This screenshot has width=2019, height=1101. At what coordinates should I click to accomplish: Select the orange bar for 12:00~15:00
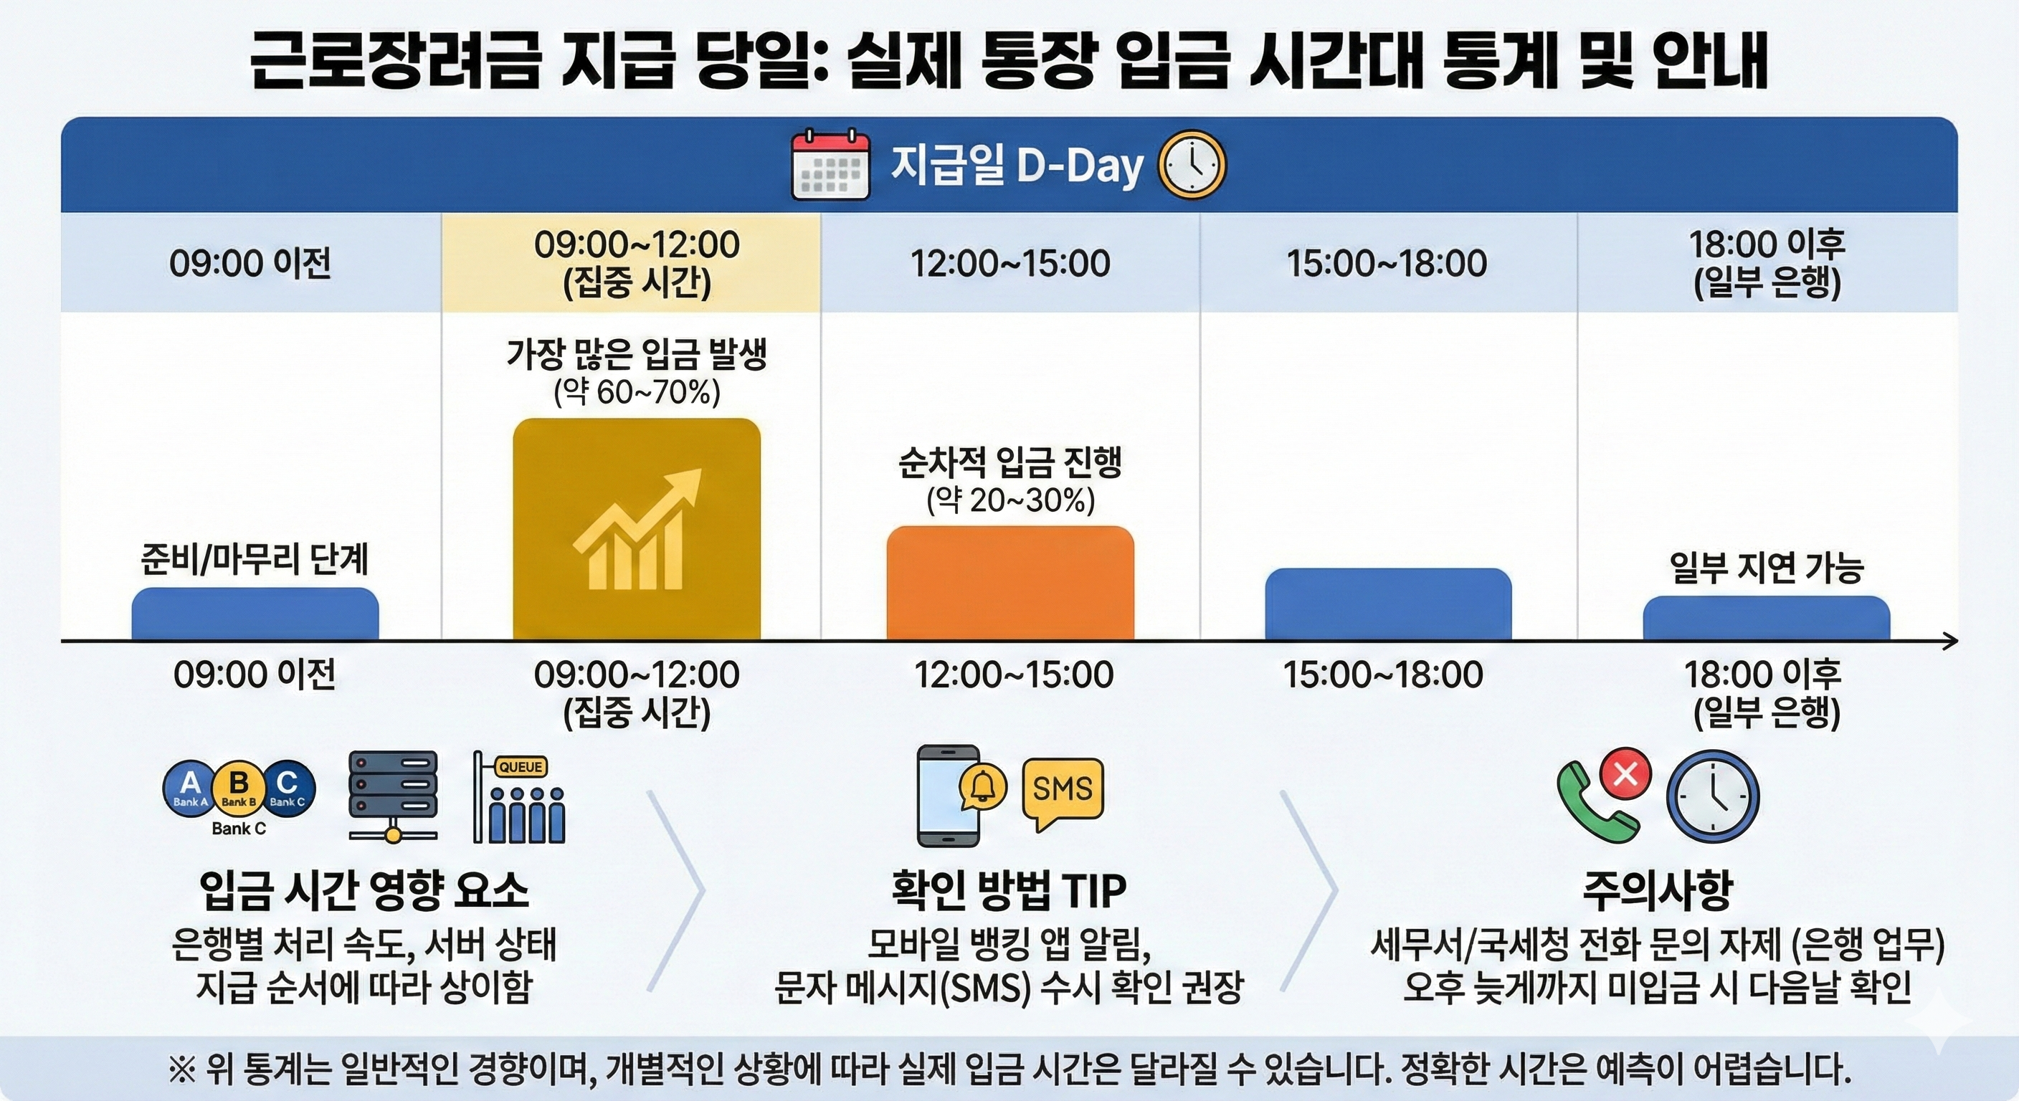point(1010,583)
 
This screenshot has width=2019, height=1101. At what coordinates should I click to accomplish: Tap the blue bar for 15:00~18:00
point(1388,604)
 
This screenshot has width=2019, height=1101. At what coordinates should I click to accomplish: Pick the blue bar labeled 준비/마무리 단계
point(255,614)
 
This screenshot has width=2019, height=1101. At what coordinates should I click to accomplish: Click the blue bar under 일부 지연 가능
point(1766,619)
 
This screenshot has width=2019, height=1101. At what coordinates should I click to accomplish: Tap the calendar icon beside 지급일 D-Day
point(830,166)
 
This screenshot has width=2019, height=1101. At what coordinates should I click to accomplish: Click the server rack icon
point(393,796)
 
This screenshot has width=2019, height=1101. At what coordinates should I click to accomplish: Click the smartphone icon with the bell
point(950,795)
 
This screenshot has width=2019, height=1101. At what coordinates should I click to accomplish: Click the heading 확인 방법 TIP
point(1009,890)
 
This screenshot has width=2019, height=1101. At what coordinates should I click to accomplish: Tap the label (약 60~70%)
point(637,392)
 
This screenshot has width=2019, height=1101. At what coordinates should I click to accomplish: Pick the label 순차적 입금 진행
point(1010,462)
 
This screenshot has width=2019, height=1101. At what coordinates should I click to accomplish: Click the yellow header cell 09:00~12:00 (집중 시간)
point(637,263)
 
